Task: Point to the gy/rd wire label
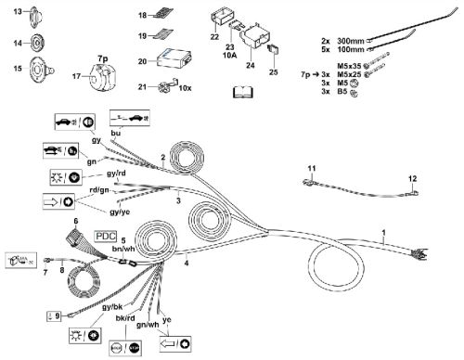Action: tap(115, 174)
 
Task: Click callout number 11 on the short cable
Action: tap(312, 167)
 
